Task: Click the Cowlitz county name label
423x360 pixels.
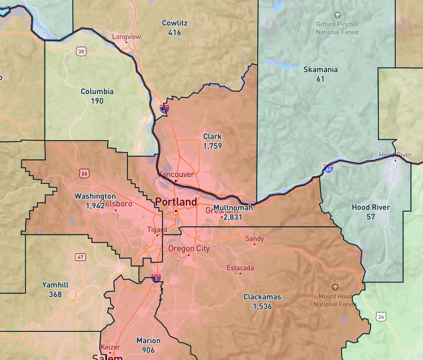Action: coord(174,23)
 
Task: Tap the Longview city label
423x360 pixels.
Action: coord(127,37)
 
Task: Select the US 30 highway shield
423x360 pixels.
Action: coord(81,51)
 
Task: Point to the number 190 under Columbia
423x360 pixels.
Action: coord(97,101)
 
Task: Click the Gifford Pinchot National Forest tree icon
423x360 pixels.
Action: coord(337,15)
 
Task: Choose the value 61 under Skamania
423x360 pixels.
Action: coord(321,79)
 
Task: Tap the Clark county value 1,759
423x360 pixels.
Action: coord(213,146)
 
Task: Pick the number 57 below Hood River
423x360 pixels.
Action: coord(371,217)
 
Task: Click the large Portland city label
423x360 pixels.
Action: coord(176,202)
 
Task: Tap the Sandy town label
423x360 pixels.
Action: coord(255,238)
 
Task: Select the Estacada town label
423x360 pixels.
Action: coord(240,268)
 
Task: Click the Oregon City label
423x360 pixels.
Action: coord(189,248)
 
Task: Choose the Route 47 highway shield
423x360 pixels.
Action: coord(81,257)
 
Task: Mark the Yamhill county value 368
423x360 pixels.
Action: coord(55,294)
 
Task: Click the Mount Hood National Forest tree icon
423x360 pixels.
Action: coord(336,287)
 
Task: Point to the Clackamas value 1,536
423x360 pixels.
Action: coord(262,306)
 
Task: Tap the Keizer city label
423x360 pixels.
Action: coord(110,347)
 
